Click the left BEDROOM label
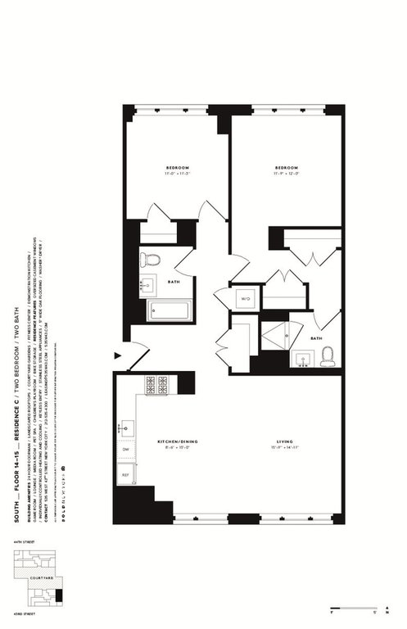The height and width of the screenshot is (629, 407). click(x=177, y=169)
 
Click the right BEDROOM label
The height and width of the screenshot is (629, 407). click(x=285, y=169)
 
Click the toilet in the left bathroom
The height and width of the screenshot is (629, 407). click(x=149, y=260)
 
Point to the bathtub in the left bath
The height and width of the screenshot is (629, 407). click(x=169, y=310)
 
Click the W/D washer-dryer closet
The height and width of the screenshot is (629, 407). click(x=245, y=299)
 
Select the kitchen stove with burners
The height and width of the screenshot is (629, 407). click(x=156, y=383)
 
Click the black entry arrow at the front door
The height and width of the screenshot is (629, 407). click(x=118, y=355)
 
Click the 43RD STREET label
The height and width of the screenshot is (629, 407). click(x=20, y=616)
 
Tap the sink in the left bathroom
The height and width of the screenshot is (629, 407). click(x=148, y=286)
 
